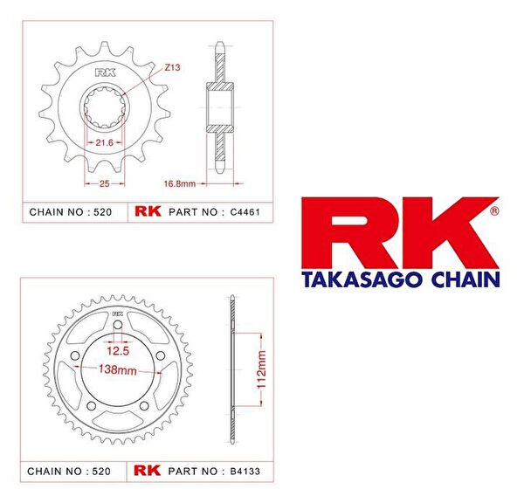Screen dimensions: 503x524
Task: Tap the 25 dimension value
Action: [x=103, y=184]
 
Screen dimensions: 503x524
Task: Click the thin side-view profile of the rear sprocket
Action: [x=231, y=367]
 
